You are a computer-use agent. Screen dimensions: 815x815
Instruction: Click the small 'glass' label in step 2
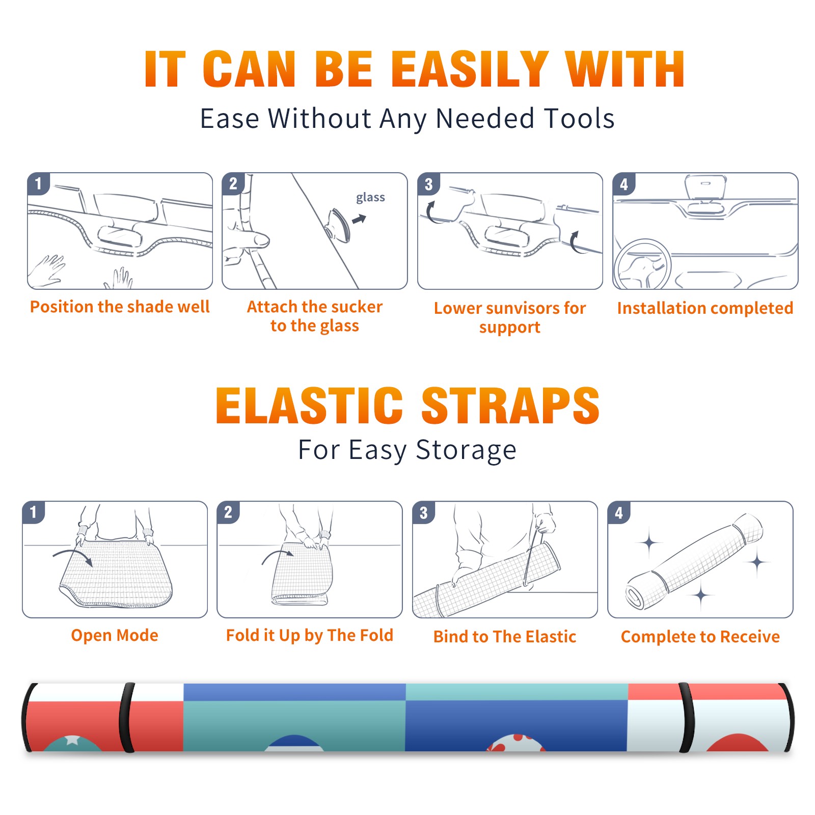pyautogui.click(x=370, y=198)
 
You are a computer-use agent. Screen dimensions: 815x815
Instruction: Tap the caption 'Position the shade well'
pyautogui.click(x=120, y=307)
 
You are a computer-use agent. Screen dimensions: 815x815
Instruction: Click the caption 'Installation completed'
pyautogui.click(x=705, y=308)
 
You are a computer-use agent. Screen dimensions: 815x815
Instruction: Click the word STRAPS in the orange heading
pyautogui.click(x=510, y=405)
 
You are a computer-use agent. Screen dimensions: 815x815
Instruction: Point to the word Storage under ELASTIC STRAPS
pyautogui.click(x=466, y=450)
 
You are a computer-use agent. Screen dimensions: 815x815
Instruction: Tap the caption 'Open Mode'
pyautogui.click(x=115, y=635)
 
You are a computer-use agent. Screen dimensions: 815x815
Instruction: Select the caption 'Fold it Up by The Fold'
pyautogui.click(x=310, y=635)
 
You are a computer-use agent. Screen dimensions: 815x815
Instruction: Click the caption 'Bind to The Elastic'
pyautogui.click(x=505, y=637)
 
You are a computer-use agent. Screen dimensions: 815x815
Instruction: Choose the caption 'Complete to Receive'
pyautogui.click(x=700, y=637)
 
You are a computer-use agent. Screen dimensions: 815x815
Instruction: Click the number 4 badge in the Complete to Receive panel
pyautogui.click(x=619, y=512)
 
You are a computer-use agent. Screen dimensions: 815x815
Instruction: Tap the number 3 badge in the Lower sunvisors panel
pyautogui.click(x=428, y=184)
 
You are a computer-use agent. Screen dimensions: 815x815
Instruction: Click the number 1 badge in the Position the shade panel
pyautogui.click(x=38, y=184)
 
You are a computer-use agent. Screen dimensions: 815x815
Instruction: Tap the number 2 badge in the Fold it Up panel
pyautogui.click(x=228, y=512)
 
